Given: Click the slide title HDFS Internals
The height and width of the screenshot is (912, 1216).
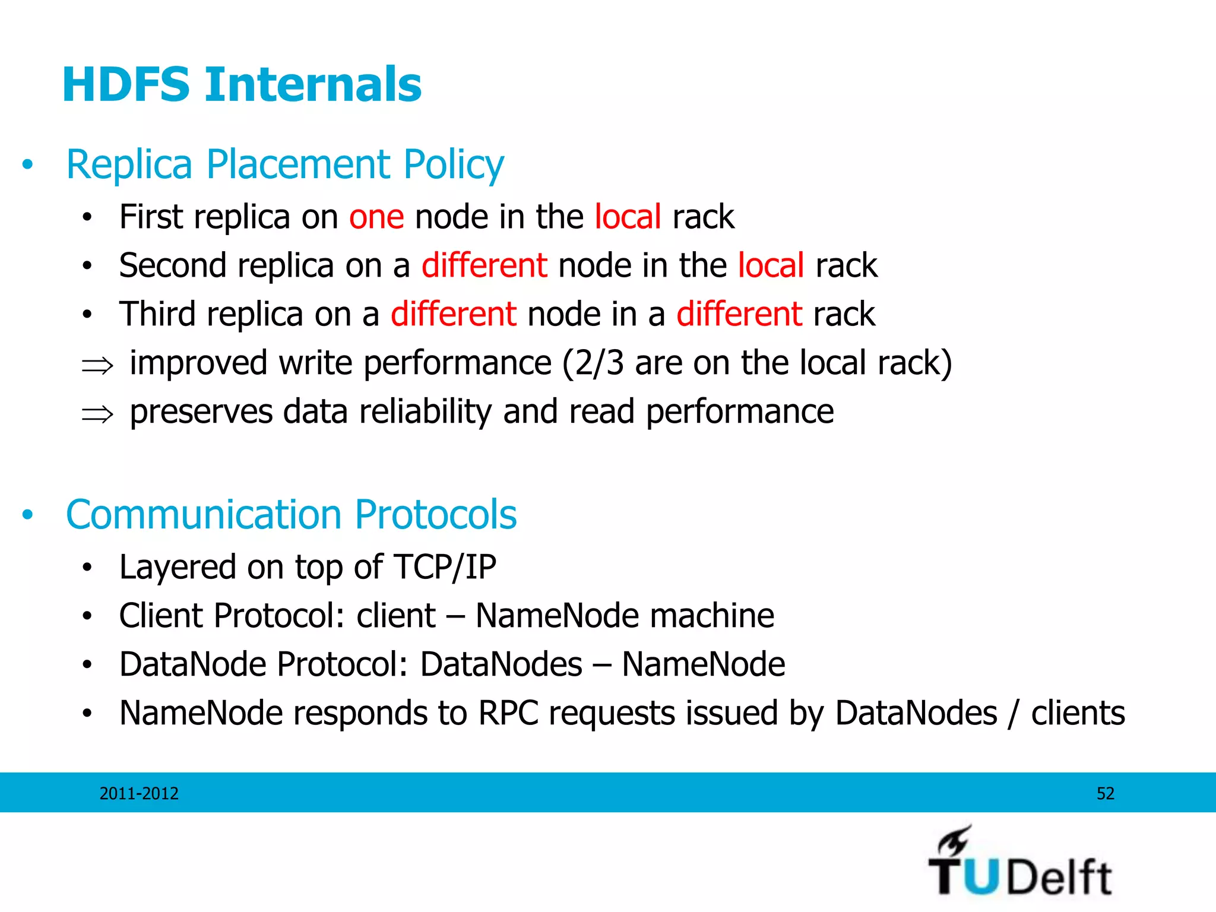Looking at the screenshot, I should pyautogui.click(x=242, y=85).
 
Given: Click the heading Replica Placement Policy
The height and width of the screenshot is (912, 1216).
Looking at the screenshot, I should pyautogui.click(x=285, y=164).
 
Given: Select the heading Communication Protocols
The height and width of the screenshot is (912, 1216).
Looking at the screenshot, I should pyautogui.click(x=291, y=514).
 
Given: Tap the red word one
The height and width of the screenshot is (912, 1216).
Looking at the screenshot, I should pyautogui.click(x=376, y=217).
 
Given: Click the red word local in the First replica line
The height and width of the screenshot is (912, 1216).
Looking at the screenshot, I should pyautogui.click(x=628, y=217).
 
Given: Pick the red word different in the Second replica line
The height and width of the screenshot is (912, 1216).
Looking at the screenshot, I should pyautogui.click(x=484, y=265).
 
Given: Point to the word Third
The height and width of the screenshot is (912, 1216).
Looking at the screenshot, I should pyautogui.click(x=157, y=314).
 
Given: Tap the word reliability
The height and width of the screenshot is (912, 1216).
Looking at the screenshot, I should pyautogui.click(x=425, y=411).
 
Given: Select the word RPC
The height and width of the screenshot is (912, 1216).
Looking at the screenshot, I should pyautogui.click(x=508, y=713).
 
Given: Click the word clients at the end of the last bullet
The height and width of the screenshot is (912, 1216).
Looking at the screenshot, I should pyautogui.click(x=1078, y=713).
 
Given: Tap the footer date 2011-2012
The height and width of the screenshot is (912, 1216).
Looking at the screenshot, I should pyautogui.click(x=139, y=793).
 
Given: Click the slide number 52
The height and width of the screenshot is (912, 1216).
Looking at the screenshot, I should pyautogui.click(x=1105, y=793).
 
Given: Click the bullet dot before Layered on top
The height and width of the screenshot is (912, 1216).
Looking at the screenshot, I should pyautogui.click(x=87, y=568).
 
